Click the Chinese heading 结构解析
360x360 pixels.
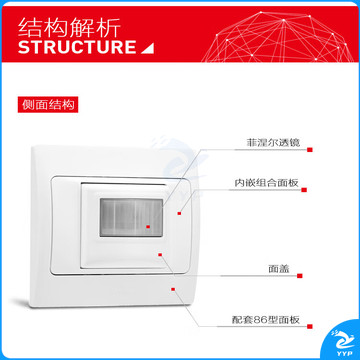tap(69, 27)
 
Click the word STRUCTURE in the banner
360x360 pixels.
tap(77, 47)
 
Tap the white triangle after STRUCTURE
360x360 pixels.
tap(147, 48)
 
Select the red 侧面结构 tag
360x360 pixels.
tap(48, 105)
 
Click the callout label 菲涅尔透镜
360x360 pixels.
tap(273, 142)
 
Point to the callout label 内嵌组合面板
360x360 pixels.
tap(266, 182)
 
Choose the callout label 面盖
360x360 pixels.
tap(279, 269)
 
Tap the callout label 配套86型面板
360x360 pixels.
tap(266, 320)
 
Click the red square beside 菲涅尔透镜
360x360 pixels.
tap(310, 150)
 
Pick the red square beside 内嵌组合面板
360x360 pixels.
tap(304, 190)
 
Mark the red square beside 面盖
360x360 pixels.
tap(300, 276)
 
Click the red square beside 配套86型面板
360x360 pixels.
tap(310, 327)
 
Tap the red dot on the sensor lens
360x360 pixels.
tap(148, 227)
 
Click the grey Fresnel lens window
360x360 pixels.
tap(131, 217)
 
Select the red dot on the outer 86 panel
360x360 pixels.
tap(173, 289)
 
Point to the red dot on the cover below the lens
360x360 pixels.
tap(160, 255)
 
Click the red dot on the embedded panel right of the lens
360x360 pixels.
tap(179, 213)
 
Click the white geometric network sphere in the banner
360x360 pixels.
tap(278, 37)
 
